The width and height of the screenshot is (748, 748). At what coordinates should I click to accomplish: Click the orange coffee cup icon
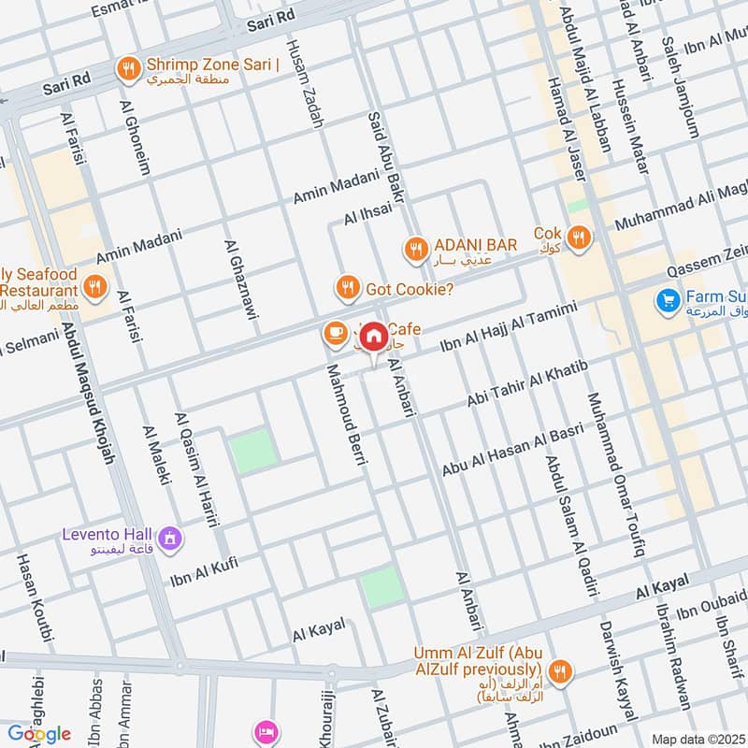click(333, 332)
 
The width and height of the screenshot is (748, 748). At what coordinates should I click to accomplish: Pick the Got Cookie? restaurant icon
click(347, 288)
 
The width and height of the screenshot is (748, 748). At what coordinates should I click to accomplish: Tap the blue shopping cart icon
click(667, 300)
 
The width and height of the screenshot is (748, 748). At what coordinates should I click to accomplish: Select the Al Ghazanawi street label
click(240, 280)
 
